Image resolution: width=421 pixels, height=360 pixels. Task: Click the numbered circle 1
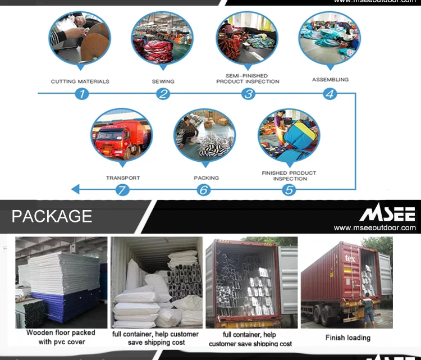[x=82, y=94]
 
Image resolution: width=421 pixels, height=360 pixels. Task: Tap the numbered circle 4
[x=330, y=94]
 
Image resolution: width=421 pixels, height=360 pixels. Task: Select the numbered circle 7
[x=122, y=190]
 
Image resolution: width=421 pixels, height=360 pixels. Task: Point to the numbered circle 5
[x=289, y=190]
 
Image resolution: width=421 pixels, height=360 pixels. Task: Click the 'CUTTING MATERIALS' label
[x=80, y=81]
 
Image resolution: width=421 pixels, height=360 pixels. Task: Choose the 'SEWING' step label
[x=163, y=81]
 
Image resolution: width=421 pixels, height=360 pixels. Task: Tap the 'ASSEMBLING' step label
[x=330, y=80]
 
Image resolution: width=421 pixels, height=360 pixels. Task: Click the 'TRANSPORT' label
[x=123, y=178]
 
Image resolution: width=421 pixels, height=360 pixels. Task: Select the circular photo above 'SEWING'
[x=162, y=38]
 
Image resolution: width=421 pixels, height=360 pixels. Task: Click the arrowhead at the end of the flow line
[x=75, y=190]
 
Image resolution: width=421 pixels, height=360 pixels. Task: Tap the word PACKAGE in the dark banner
[x=52, y=216]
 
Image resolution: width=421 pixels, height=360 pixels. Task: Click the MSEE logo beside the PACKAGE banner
[x=387, y=214]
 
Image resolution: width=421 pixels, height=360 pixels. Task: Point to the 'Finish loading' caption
[x=347, y=338]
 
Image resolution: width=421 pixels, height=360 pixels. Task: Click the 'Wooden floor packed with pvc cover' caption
[x=61, y=337]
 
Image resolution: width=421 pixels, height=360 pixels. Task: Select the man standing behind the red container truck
[x=368, y=309]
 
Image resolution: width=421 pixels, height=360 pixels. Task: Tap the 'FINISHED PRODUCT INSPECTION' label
[x=289, y=176]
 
